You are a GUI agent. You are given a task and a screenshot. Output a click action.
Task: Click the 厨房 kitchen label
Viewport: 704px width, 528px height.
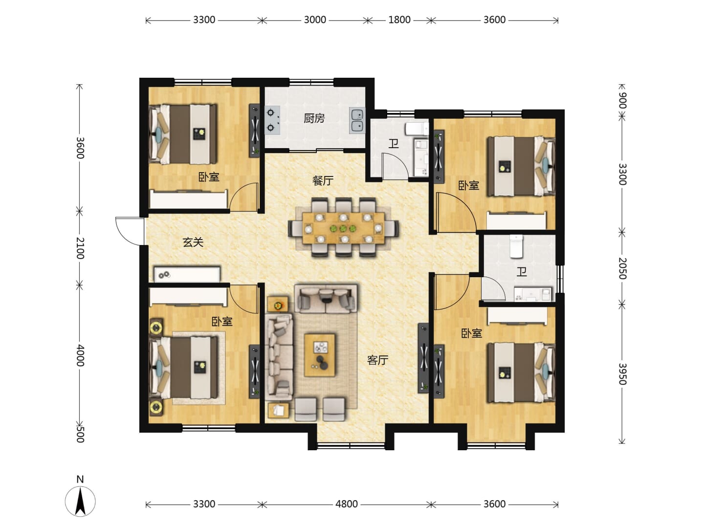click(x=314, y=118)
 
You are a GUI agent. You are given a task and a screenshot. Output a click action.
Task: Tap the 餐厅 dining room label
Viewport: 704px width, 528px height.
click(x=323, y=181)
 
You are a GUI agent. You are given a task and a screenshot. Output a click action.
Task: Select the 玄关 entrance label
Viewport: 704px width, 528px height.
click(x=193, y=242)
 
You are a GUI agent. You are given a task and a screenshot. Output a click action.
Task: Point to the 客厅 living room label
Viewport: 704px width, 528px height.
click(x=377, y=360)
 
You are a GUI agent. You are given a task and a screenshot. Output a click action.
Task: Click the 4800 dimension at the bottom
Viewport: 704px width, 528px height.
click(x=347, y=504)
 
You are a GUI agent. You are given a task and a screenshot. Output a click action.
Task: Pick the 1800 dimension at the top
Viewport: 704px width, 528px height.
click(x=399, y=20)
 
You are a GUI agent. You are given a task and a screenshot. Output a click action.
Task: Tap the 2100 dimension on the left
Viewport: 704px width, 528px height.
click(x=80, y=248)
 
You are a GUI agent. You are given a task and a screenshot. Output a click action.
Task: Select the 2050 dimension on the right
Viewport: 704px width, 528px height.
click(x=622, y=268)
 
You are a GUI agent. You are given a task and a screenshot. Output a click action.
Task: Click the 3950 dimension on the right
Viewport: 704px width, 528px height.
click(x=622, y=374)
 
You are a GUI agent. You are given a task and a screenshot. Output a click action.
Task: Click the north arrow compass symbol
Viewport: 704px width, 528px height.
click(x=80, y=501)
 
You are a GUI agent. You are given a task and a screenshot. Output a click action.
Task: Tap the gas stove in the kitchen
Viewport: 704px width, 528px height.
click(x=272, y=120)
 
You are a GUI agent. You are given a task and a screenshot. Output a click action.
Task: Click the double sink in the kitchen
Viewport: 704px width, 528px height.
click(x=357, y=120)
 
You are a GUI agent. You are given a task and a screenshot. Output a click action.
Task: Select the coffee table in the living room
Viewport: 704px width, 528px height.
click(x=320, y=355)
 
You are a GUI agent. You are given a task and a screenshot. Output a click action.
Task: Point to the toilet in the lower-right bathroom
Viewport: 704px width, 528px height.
click(x=516, y=246)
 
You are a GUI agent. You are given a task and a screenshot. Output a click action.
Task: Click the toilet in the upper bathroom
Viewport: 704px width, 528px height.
click(x=417, y=129)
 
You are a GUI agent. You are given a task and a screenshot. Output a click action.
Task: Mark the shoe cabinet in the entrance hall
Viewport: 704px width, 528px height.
click(x=187, y=274)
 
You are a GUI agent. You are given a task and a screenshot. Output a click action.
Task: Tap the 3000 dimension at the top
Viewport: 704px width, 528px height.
click(x=315, y=20)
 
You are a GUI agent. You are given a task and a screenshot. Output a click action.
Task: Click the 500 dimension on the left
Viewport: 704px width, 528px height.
click(x=80, y=435)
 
